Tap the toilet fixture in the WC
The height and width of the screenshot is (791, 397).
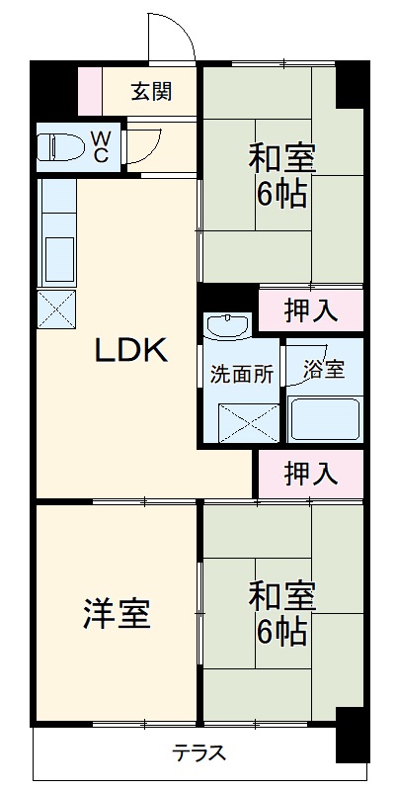(60, 146)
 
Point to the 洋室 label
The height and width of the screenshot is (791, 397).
(117, 613)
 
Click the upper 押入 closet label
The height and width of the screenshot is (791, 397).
(310, 310)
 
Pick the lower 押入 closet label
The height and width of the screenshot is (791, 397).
(310, 476)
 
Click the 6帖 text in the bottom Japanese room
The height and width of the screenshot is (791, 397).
(281, 630)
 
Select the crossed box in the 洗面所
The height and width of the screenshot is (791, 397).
(242, 422)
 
